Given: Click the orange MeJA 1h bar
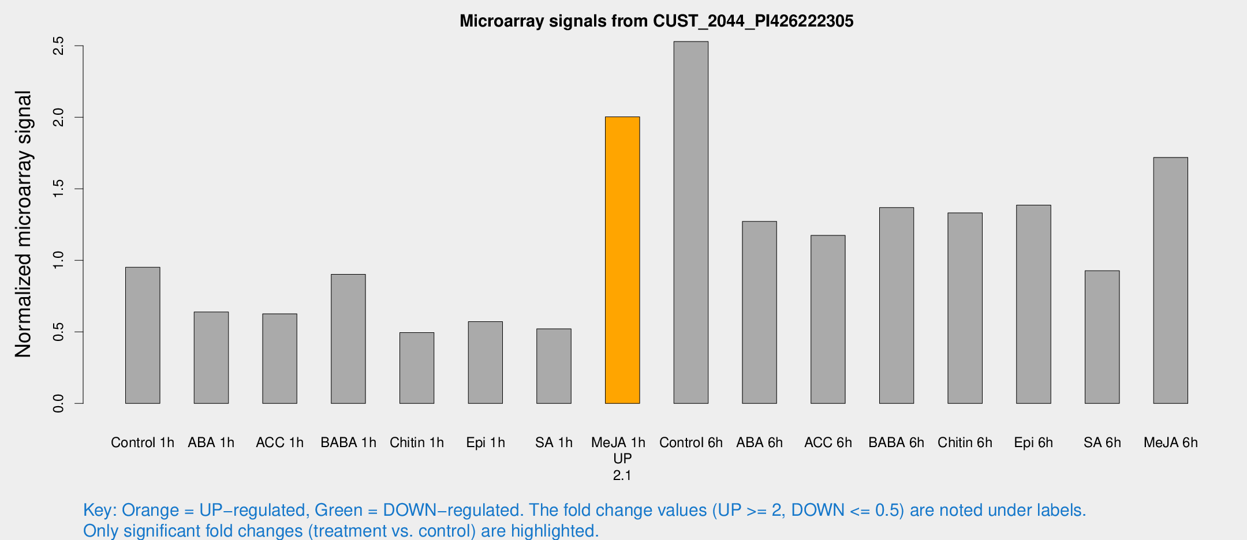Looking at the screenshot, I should coord(622,260).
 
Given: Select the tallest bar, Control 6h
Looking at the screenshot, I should coord(690,223).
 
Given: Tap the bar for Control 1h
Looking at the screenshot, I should coord(143,335).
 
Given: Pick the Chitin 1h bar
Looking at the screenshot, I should coord(416,368).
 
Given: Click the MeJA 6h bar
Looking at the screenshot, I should coord(1170,280).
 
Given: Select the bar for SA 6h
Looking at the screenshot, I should coord(1102,337).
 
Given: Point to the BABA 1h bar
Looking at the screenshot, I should coord(348,339).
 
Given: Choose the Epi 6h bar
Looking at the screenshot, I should coord(1033,304).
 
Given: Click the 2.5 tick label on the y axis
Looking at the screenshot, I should coord(58,46).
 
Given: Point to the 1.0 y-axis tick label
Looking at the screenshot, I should coord(58,260).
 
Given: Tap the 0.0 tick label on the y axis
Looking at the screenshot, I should coord(58,403).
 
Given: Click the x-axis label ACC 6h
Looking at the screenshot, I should coord(828,442).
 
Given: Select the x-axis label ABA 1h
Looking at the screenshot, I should coord(211,442).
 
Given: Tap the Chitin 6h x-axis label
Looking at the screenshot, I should coord(965,442).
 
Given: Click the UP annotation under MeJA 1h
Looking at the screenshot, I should coord(622,459).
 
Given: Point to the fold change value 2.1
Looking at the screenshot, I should coord(622,475).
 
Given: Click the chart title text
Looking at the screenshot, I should coord(656,21).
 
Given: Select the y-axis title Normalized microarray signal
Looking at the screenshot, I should coord(23,224).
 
